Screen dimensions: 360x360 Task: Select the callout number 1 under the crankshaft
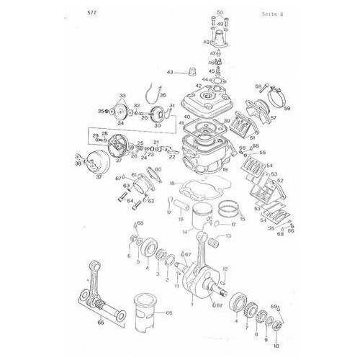(192, 304)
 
